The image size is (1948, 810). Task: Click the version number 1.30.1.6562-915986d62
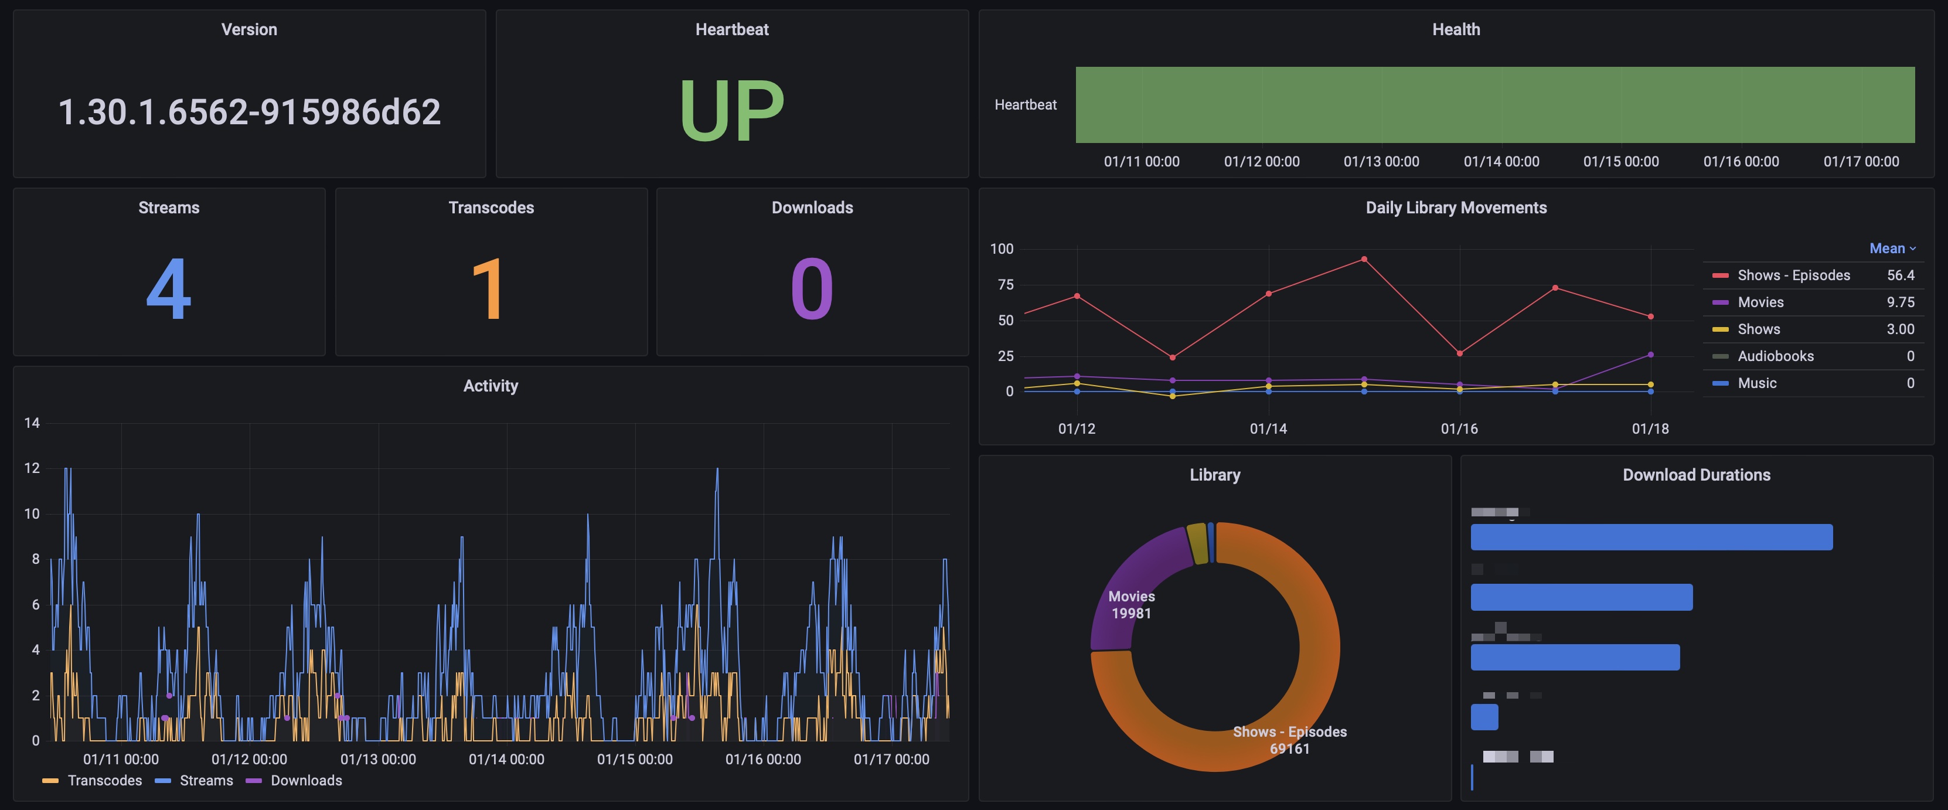(x=249, y=112)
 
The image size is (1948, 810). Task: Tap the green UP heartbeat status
(x=731, y=110)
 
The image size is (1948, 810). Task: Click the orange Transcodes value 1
(x=489, y=289)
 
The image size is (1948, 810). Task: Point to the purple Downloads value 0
(x=812, y=289)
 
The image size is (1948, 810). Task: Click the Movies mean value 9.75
(x=1899, y=302)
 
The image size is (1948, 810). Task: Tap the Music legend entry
(x=1756, y=383)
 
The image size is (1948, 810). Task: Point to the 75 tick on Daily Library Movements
(x=1005, y=285)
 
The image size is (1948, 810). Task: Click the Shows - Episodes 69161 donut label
(x=1289, y=740)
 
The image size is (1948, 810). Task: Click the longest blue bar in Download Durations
(x=1651, y=537)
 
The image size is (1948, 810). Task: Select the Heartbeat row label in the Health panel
(x=1024, y=105)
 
